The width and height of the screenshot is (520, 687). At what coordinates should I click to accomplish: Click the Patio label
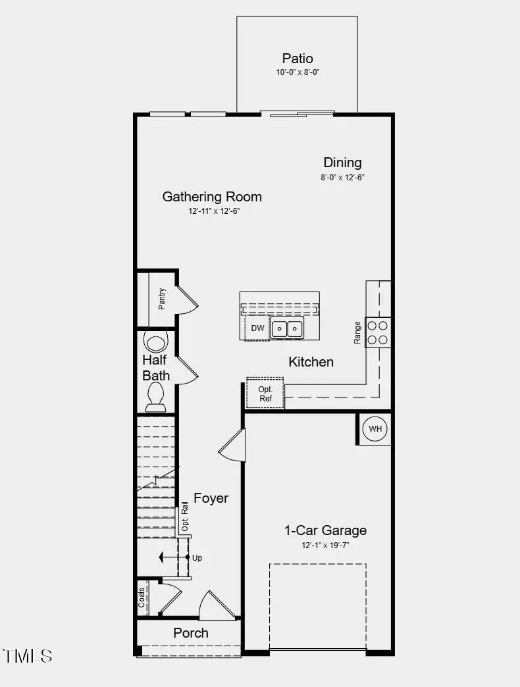298,59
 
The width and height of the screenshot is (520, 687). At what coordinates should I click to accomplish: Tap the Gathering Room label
212,196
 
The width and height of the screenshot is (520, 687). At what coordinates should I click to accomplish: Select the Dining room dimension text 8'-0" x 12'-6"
342,177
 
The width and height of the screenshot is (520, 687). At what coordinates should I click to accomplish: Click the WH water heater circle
375,429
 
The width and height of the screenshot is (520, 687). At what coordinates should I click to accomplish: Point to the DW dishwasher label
257,328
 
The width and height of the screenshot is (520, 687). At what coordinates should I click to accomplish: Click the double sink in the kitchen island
288,328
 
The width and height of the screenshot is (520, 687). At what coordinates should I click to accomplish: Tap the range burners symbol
378,332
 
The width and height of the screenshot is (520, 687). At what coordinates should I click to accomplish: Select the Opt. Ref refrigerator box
265,394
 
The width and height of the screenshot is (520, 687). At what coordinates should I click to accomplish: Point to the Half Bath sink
157,342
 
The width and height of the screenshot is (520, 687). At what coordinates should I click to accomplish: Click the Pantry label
162,299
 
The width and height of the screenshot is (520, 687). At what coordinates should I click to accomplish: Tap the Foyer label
211,498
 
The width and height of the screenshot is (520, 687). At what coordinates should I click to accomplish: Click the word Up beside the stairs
197,557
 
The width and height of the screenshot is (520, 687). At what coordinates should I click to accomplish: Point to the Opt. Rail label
185,517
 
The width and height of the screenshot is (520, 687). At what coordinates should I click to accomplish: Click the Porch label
191,632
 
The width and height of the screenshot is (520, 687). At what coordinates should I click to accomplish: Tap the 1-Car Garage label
325,530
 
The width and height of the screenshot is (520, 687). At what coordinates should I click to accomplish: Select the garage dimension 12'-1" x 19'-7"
325,545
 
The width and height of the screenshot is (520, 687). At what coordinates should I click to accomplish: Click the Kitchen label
311,361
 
